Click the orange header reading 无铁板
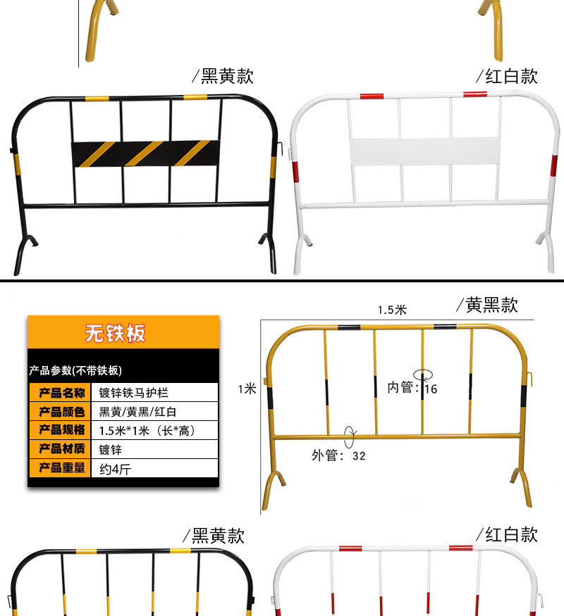coord(116,333)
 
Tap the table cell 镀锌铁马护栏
coord(134,393)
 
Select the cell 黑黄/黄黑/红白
coord(137,412)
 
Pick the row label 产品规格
coord(61,430)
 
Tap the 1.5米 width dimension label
coord(392,310)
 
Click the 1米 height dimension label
coord(247,389)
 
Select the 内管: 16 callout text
coord(412,388)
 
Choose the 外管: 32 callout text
coord(338,455)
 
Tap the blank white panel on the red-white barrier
coord(424,151)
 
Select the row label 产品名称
coord(61,393)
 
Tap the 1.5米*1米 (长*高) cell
coord(147,430)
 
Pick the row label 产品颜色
coord(61,412)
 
